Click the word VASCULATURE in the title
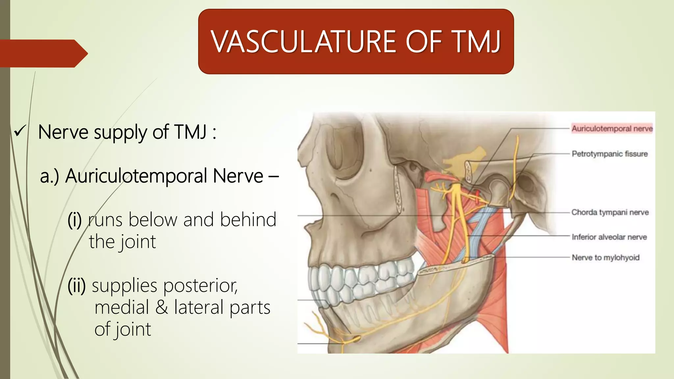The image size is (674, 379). click(x=303, y=42)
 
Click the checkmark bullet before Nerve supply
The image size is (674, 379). click(x=19, y=132)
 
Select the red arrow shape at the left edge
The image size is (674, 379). click(x=43, y=53)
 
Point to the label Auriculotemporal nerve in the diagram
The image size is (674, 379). click(x=612, y=128)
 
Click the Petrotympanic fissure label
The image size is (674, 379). click(x=609, y=154)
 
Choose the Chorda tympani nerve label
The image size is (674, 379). click(x=610, y=212)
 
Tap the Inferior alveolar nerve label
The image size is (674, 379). click(x=609, y=237)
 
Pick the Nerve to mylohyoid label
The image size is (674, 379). click(x=606, y=257)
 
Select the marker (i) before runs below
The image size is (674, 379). click(x=74, y=220)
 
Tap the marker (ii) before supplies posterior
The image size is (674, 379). click(x=76, y=286)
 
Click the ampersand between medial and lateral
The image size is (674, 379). click(x=161, y=307)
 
